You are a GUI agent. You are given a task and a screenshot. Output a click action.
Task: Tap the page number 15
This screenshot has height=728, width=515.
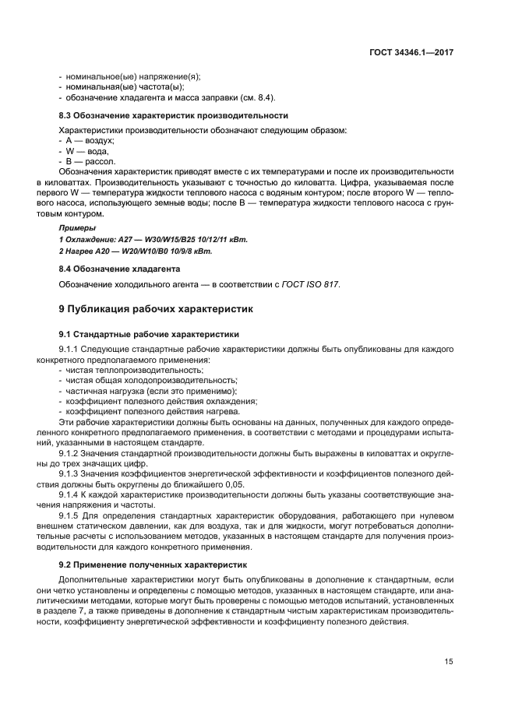[x=449, y=662]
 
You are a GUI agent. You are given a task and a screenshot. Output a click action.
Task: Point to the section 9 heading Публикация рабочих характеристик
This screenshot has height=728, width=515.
[x=157, y=308]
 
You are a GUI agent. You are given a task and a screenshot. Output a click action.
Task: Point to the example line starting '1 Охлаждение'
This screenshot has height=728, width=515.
[x=153, y=240]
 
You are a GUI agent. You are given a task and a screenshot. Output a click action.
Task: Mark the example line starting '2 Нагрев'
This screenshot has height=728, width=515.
[x=136, y=251]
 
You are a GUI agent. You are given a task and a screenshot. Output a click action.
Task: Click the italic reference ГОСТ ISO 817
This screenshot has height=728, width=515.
[x=314, y=284]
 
